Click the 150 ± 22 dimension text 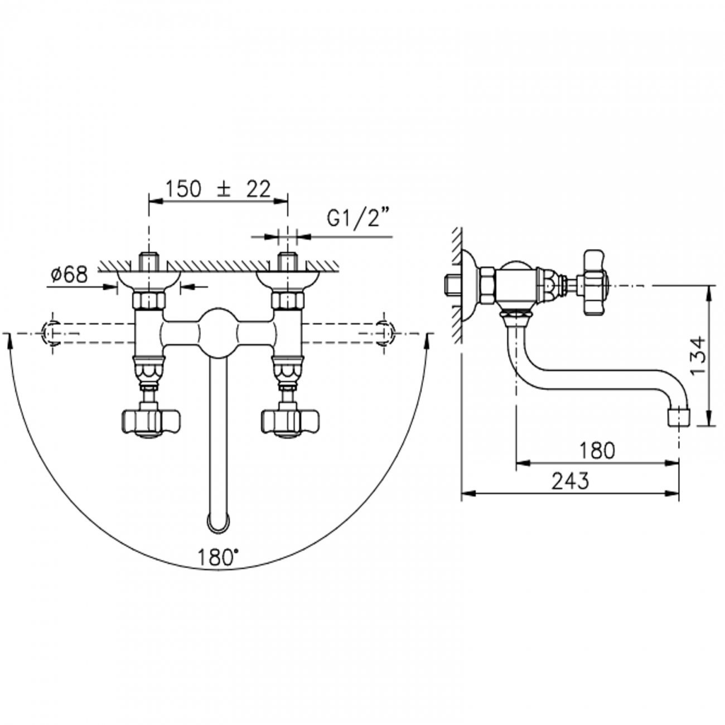[218, 189]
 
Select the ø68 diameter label [69, 274]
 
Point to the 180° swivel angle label [218, 557]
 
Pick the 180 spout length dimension [597, 450]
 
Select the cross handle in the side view [595, 283]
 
